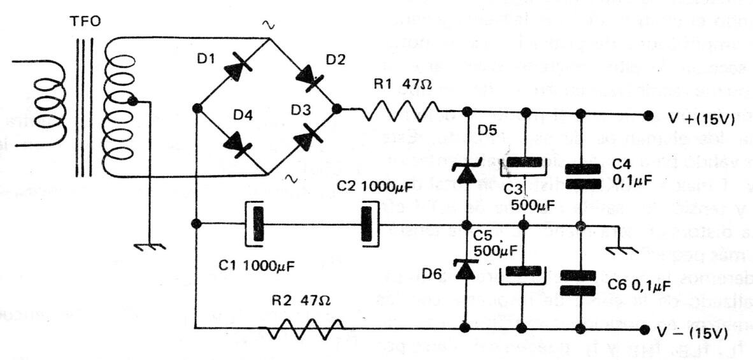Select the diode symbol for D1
pyautogui.click(x=234, y=69)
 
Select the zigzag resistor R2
pyautogui.click(x=302, y=329)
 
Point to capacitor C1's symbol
pyautogui.click(x=256, y=224)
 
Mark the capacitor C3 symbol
pyautogui.click(x=523, y=167)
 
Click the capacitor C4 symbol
pyautogui.click(x=580, y=175)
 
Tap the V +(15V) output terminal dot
pyautogui.click(x=648, y=115)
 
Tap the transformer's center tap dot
pyautogui.click(x=132, y=101)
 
